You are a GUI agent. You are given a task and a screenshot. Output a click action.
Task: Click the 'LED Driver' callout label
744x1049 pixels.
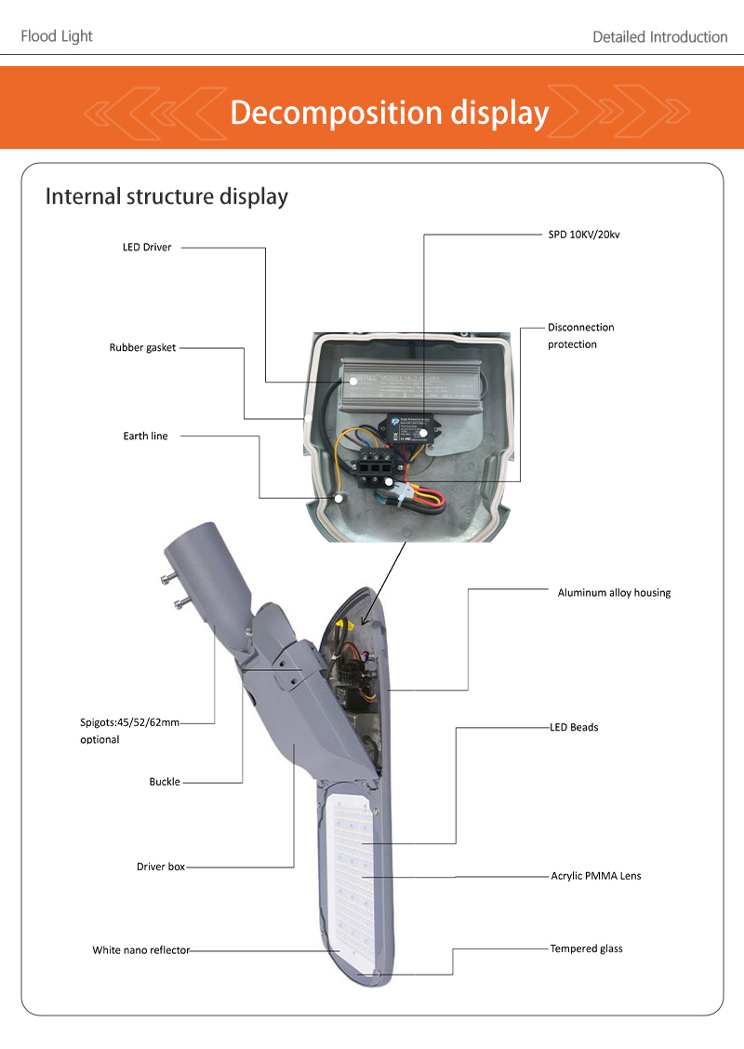pyautogui.click(x=147, y=248)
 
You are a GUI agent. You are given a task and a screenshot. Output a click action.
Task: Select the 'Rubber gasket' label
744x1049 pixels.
pyautogui.click(x=142, y=348)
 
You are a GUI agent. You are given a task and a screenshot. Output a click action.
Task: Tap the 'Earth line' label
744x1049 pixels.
pyautogui.click(x=145, y=436)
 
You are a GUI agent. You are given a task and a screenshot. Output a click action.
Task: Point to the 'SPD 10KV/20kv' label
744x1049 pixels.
pyautogui.click(x=583, y=235)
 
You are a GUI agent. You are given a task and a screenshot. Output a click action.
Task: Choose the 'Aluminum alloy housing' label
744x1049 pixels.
pyautogui.click(x=614, y=593)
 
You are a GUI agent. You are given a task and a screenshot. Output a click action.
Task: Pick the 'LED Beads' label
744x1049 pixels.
pyautogui.click(x=574, y=727)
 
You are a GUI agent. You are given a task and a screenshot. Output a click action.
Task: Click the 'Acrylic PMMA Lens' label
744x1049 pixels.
pyautogui.click(x=595, y=876)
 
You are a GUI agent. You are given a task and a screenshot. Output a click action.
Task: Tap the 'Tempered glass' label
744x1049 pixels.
pyautogui.click(x=586, y=948)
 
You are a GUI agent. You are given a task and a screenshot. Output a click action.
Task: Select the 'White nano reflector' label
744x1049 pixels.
pyautogui.click(x=140, y=950)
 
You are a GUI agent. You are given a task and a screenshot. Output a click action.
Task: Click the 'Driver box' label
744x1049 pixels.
pyautogui.click(x=161, y=867)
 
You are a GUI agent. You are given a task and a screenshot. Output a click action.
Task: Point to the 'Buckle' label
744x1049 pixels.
pyautogui.click(x=165, y=782)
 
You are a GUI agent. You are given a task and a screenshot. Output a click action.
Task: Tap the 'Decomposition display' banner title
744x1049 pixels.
pyautogui.click(x=389, y=113)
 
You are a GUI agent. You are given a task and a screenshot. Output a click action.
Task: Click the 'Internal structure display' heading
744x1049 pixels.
pyautogui.click(x=166, y=197)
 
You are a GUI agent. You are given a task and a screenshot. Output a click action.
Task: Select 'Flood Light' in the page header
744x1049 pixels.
pyautogui.click(x=57, y=36)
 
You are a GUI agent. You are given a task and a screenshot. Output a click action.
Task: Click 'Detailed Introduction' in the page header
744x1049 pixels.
pyautogui.click(x=659, y=37)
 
